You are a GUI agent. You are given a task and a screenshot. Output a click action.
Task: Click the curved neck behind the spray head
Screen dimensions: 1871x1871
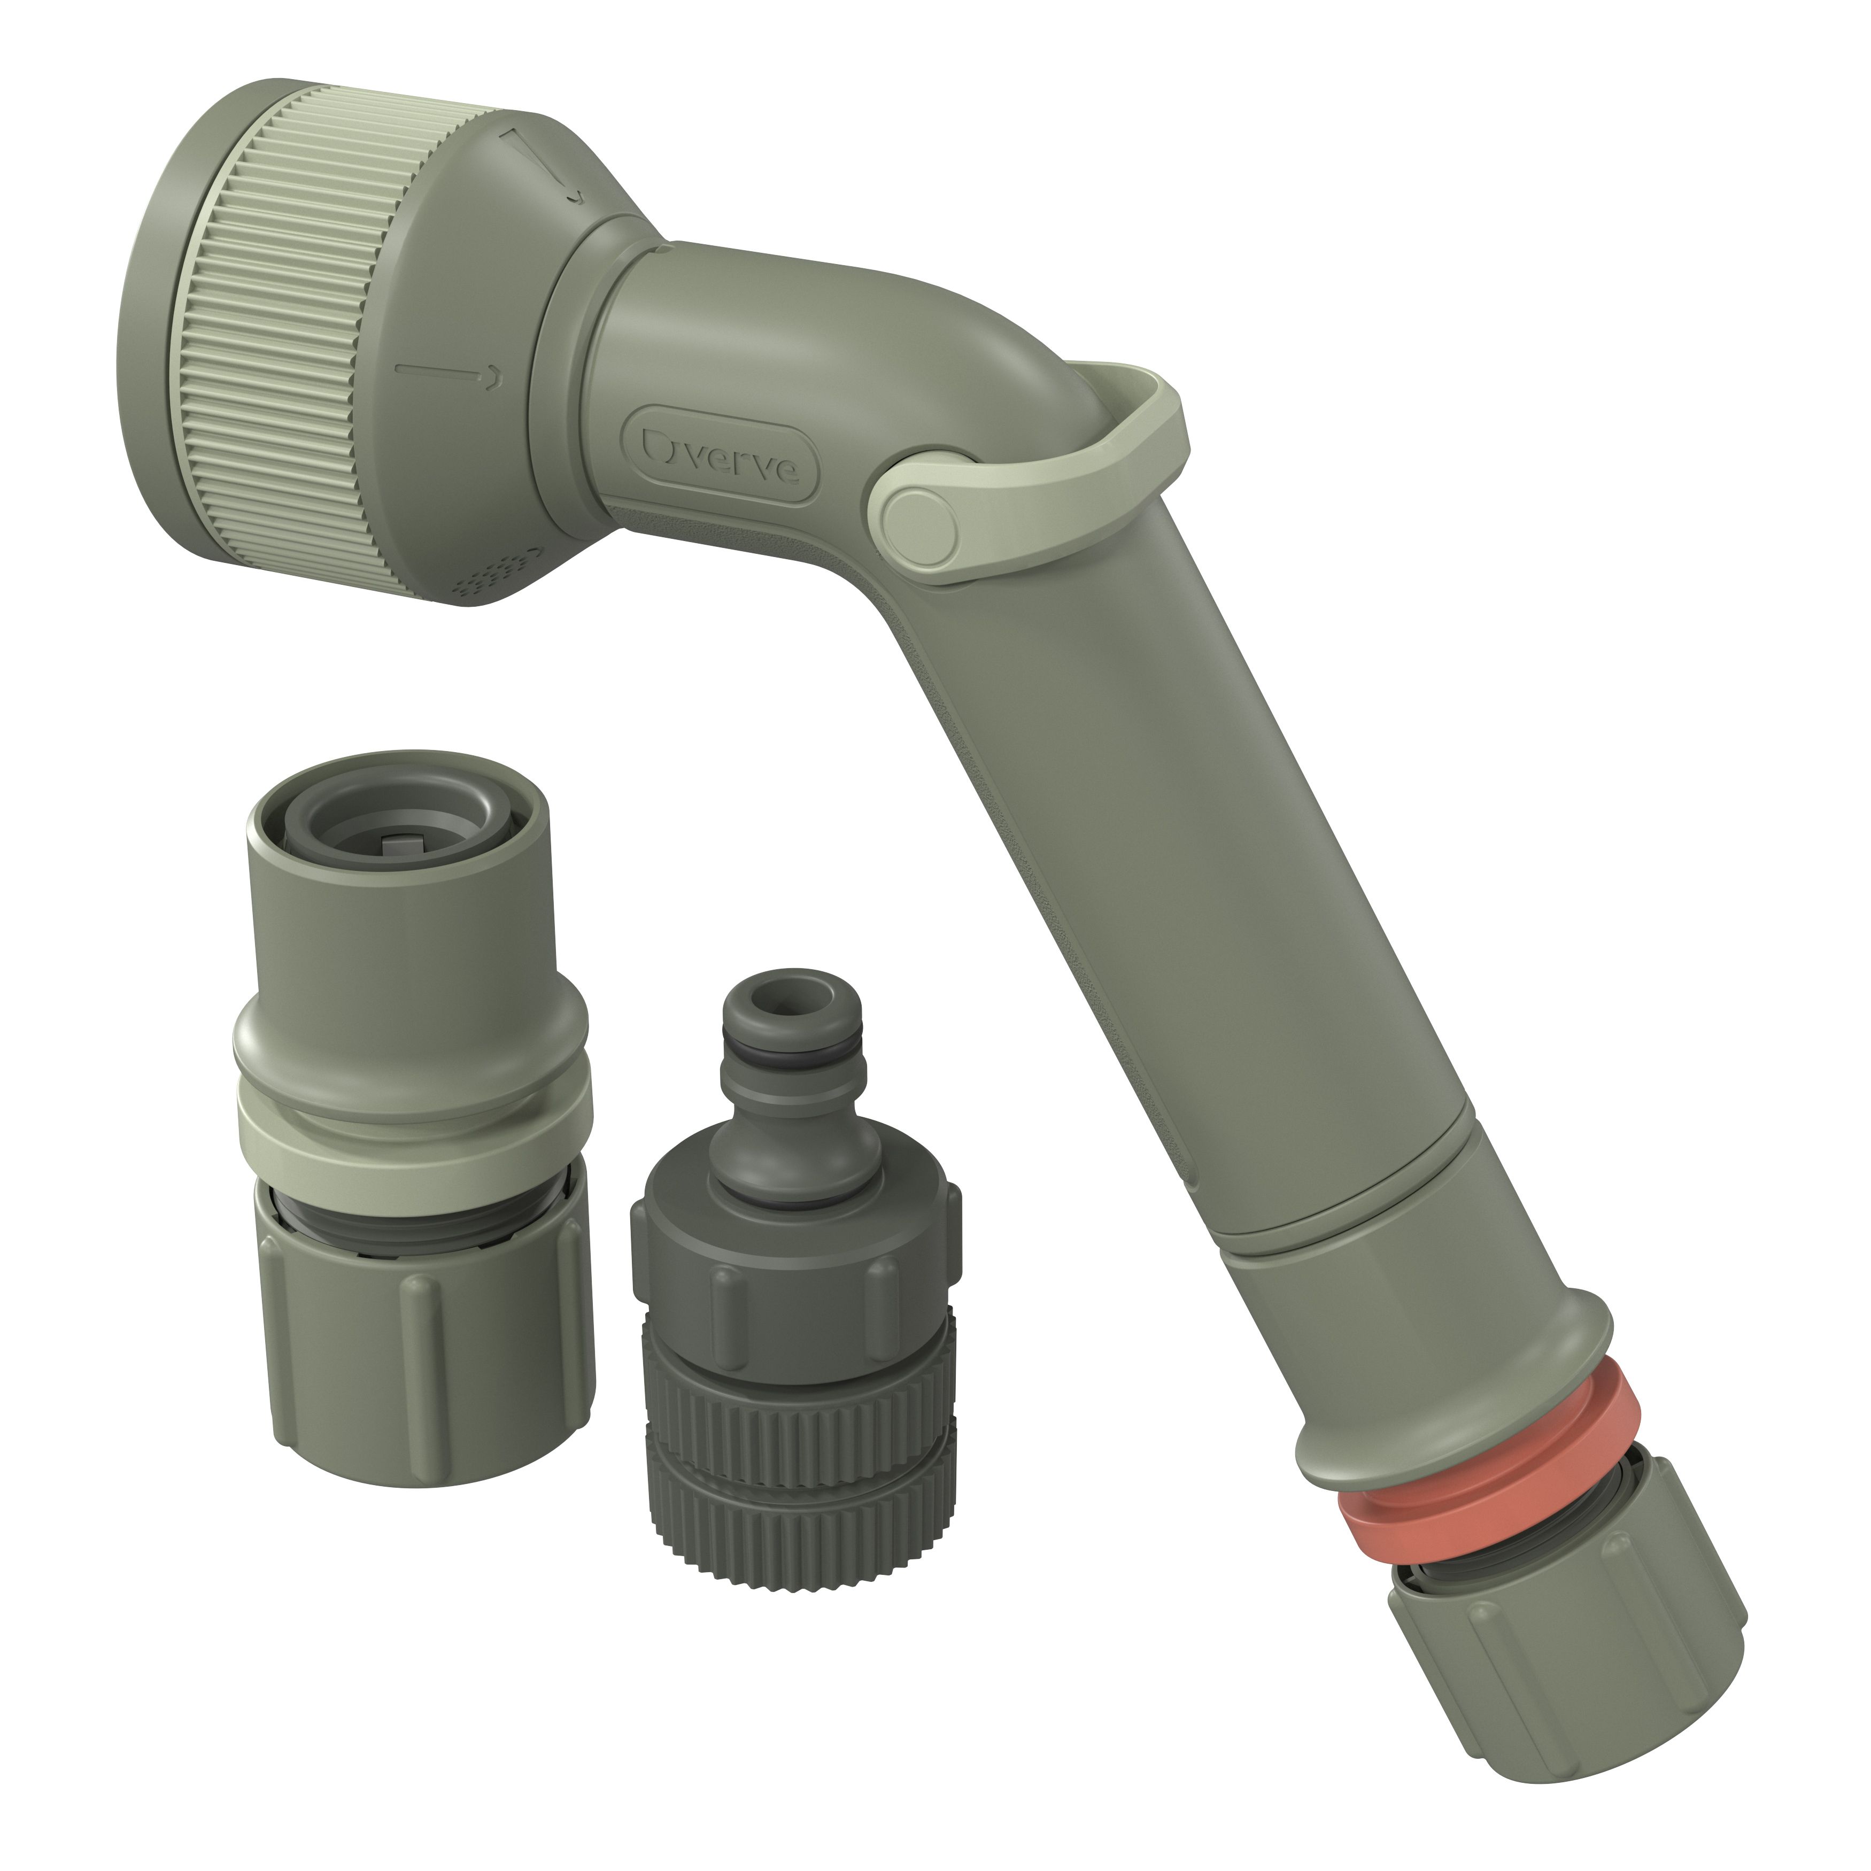click(x=775, y=329)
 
